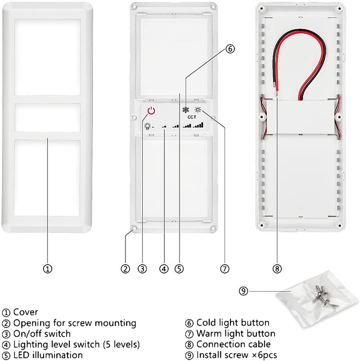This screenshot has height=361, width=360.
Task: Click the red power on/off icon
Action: click(152, 111)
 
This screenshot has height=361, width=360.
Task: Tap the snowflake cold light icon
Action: click(185, 109)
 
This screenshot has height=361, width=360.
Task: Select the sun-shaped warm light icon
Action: click(198, 109)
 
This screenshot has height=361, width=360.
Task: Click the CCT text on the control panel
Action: click(192, 117)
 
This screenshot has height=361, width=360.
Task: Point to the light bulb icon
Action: click(147, 126)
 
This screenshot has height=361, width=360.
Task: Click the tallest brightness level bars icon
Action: click(198, 125)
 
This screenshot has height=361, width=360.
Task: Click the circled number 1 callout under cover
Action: click(48, 269)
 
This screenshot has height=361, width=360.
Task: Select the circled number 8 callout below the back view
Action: click(277, 269)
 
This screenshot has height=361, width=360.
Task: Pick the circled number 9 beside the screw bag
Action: click(243, 291)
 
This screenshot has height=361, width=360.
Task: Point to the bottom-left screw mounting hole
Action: click(134, 229)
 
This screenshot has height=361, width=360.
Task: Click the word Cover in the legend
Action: click(26, 312)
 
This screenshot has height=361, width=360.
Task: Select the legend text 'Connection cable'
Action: click(234, 344)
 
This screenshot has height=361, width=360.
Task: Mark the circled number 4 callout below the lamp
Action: click(164, 269)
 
